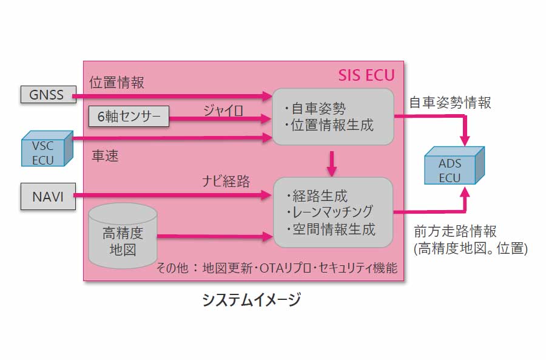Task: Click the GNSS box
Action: point(46,95)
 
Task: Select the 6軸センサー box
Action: point(129,117)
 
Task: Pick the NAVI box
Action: point(47,196)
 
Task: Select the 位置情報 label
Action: point(117,82)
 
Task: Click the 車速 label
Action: point(105,156)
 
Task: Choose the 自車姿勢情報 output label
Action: point(450,103)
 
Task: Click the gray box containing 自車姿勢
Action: point(332,117)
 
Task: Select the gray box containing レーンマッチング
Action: point(333,212)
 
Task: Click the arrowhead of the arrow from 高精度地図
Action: point(267,236)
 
